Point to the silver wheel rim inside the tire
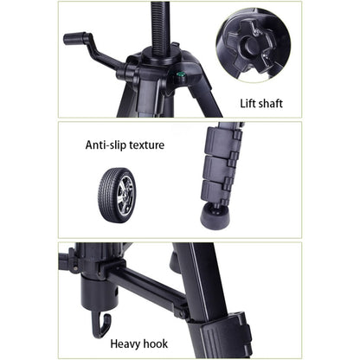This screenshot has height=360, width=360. tap(125, 191)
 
